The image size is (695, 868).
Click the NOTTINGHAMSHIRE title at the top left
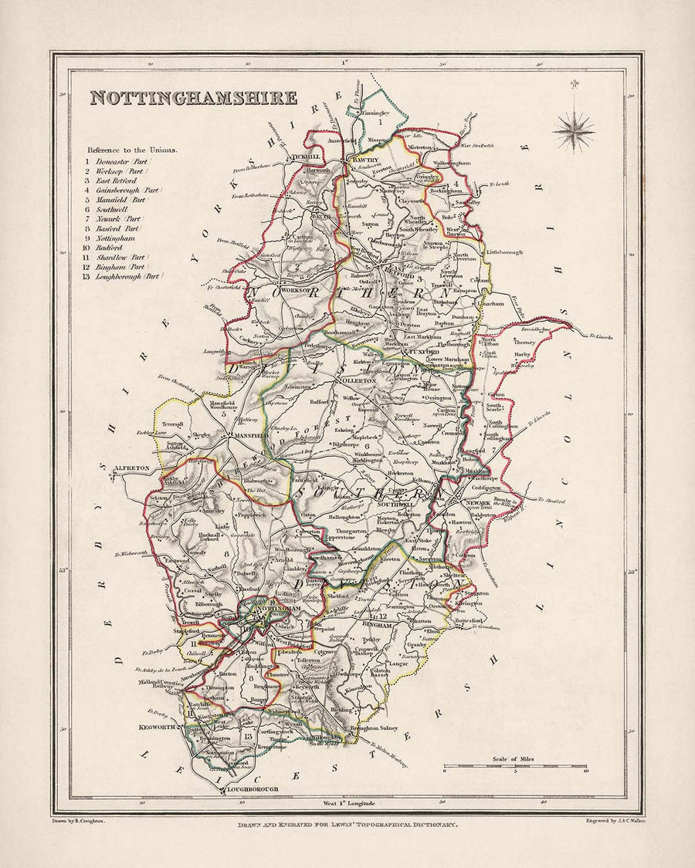coord(192,98)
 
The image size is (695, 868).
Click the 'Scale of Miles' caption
coord(514,761)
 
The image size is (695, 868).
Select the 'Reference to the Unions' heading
coord(131,150)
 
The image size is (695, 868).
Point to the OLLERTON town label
coord(358,380)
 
